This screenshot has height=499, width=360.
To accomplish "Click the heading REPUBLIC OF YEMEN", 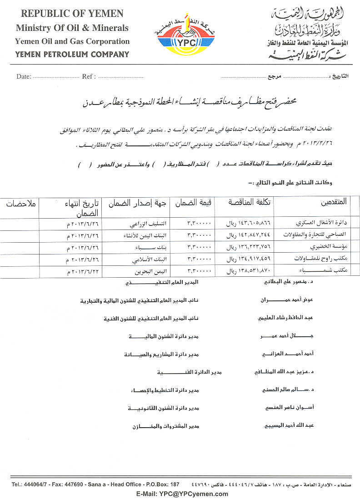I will [x=72, y=15].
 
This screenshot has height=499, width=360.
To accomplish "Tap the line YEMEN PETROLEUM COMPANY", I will [x=72, y=55].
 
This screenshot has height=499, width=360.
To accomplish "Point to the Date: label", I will [x=24, y=76].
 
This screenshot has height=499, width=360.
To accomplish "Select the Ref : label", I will [x=89, y=76].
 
